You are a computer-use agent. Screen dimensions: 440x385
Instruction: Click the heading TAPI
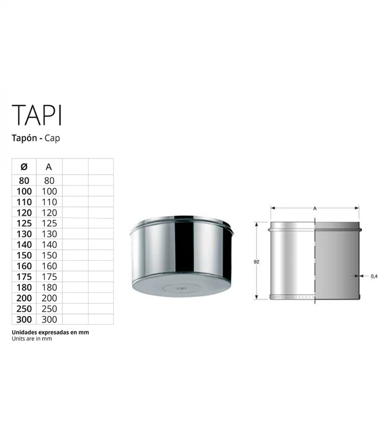click(37, 115)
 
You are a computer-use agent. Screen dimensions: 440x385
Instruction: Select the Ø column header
click(24, 167)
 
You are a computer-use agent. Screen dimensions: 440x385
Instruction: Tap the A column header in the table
click(49, 167)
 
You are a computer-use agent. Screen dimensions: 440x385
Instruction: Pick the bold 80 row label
click(24, 180)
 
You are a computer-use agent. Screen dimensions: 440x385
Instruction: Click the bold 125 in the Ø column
click(24, 223)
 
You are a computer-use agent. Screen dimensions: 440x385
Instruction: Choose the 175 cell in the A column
click(50, 277)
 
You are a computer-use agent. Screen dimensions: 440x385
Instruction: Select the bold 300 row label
click(24, 319)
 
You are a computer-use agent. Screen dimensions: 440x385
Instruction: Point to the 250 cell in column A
click(50, 309)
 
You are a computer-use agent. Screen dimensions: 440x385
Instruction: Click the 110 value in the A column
click(50, 202)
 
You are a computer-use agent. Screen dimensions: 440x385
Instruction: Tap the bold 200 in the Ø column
click(24, 298)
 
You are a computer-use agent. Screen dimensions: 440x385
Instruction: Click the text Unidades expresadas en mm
click(50, 333)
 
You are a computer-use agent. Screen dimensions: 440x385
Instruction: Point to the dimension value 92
click(256, 262)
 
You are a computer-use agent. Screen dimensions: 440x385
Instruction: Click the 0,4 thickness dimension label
click(374, 276)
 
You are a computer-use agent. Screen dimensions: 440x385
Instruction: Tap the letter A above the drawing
click(314, 209)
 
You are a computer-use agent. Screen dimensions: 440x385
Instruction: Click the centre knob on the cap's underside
click(181, 287)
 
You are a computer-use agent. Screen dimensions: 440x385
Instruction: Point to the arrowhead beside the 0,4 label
click(363, 276)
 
